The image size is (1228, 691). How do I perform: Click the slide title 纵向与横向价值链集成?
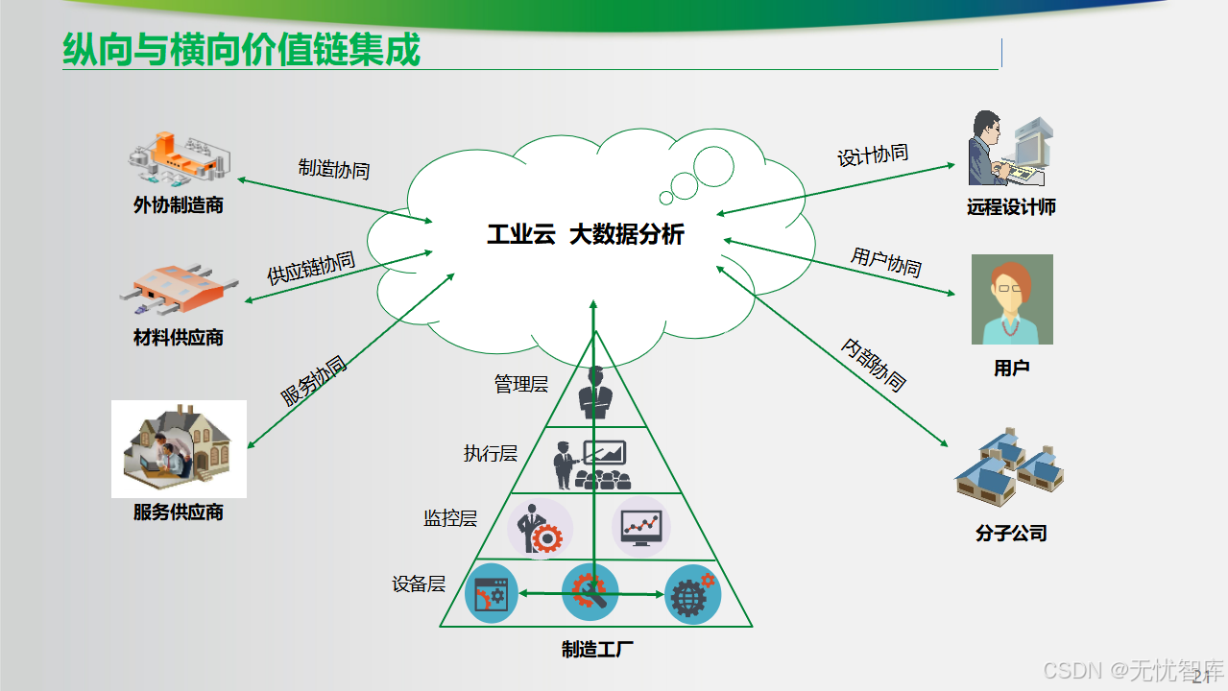pyautogui.click(x=241, y=50)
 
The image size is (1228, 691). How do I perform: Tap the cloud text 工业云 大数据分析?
pyautogui.click(x=586, y=234)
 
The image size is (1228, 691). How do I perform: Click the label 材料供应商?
pyautogui.click(x=179, y=338)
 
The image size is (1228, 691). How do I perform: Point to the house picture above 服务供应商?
pyautogui.click(x=179, y=448)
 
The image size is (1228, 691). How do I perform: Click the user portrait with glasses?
pyautogui.click(x=1012, y=299)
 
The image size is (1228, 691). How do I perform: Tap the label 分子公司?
pyautogui.click(x=1011, y=533)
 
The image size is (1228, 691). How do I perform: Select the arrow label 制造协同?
pyautogui.click(x=333, y=169)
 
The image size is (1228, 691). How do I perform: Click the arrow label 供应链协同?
pyautogui.click(x=311, y=269)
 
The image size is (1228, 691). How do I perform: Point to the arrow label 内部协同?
pyautogui.click(x=874, y=365)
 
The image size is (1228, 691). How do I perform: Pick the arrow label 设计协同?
pyautogui.click(x=873, y=155)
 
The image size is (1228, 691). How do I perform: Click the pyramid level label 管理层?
pyautogui.click(x=521, y=384)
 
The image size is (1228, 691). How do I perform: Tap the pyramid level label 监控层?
pyautogui.click(x=450, y=518)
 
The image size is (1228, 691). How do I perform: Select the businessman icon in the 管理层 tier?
pyautogui.click(x=595, y=393)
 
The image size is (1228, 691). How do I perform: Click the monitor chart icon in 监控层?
pyautogui.click(x=641, y=526)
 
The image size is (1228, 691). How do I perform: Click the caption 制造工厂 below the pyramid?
pyautogui.click(x=597, y=650)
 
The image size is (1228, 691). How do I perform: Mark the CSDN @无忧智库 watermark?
pyautogui.click(x=1133, y=669)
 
